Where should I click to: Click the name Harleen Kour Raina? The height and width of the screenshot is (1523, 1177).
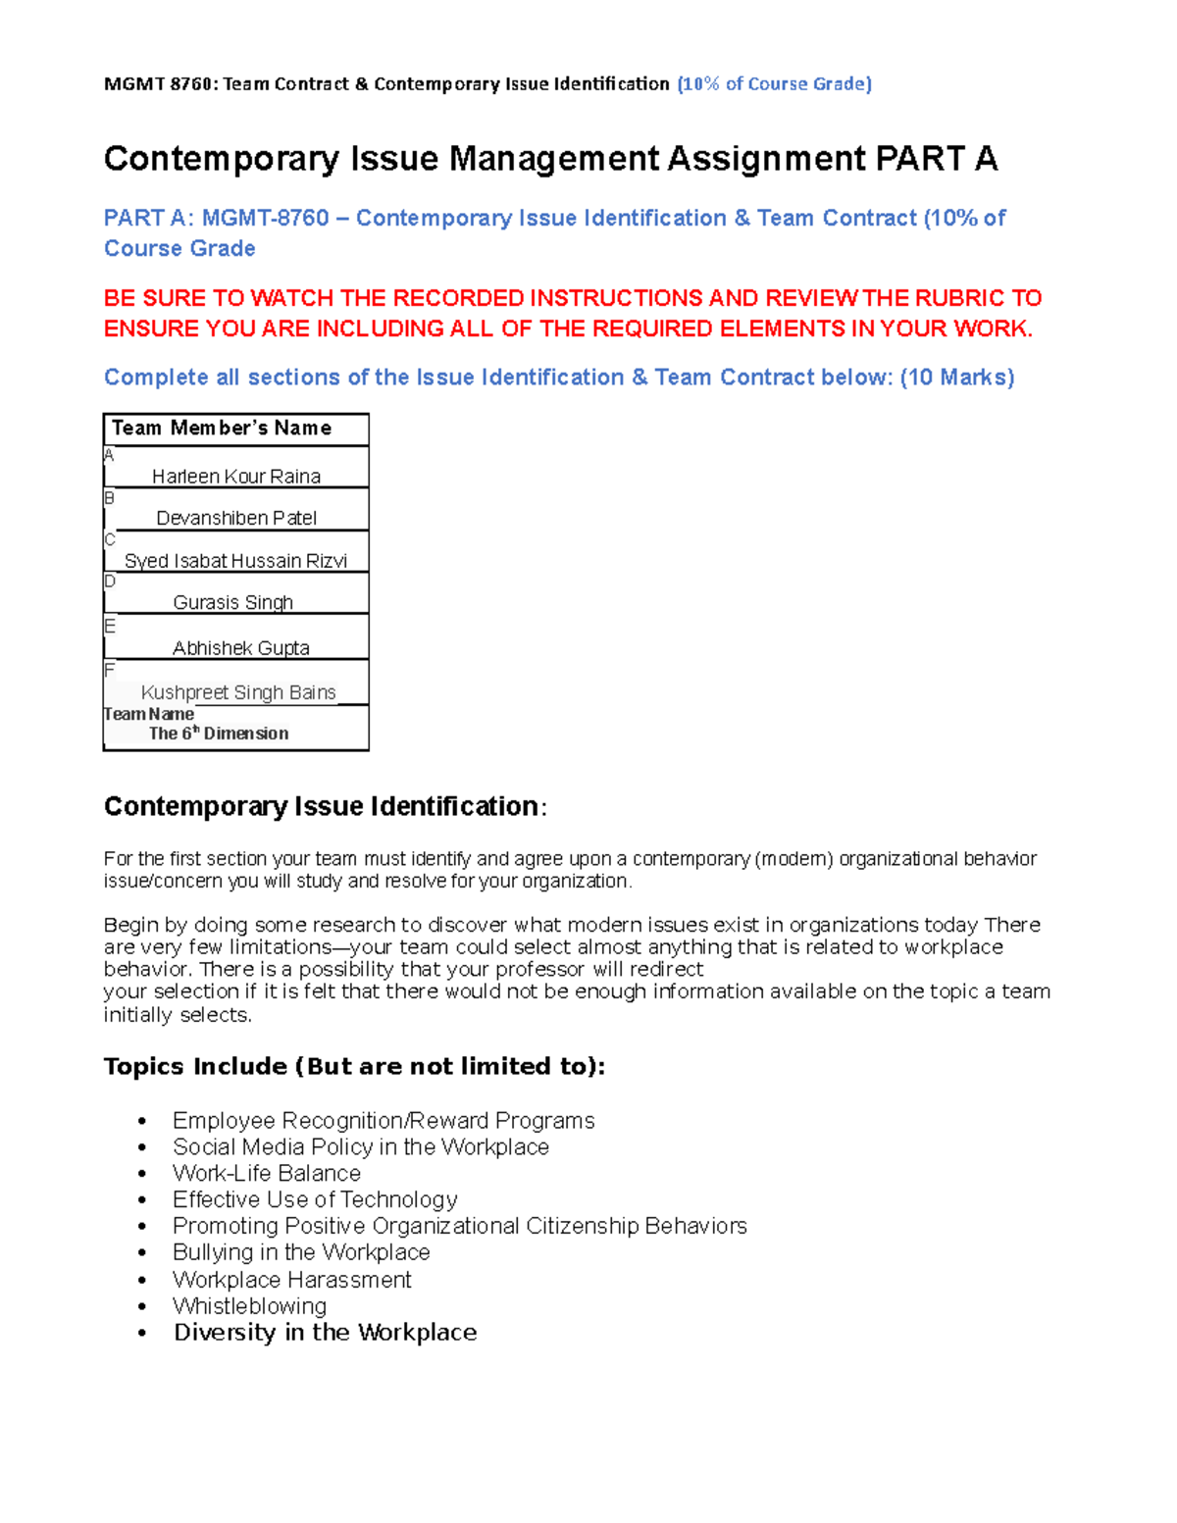coord(235,477)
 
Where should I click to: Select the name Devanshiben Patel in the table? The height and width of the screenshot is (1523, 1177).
coord(235,518)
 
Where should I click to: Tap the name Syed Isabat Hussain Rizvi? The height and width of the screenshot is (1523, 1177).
coord(235,561)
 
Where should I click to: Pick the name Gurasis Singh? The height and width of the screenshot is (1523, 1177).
coord(232,602)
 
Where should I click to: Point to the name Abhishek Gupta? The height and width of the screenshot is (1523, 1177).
coord(240,648)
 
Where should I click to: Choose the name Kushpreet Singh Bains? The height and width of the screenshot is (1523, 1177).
coord(238,692)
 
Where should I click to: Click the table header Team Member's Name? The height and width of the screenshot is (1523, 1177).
coord(222,429)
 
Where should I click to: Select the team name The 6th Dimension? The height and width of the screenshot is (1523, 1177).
coord(219,734)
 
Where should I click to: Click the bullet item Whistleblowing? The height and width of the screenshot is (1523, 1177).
coord(249,1306)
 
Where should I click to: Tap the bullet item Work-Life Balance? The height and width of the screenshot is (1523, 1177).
coord(266,1174)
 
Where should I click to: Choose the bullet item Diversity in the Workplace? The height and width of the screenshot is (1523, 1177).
coord(325,1333)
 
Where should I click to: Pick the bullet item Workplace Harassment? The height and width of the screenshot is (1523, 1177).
coord(291,1280)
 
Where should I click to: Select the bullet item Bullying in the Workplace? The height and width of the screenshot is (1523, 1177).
coord(300,1252)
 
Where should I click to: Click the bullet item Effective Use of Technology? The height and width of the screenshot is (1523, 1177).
coord(315,1199)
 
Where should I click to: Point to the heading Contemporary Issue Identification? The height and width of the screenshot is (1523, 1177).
coord(321,806)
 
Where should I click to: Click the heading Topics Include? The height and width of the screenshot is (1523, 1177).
coord(196,1067)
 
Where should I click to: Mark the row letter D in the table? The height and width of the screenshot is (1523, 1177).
coord(110,582)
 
